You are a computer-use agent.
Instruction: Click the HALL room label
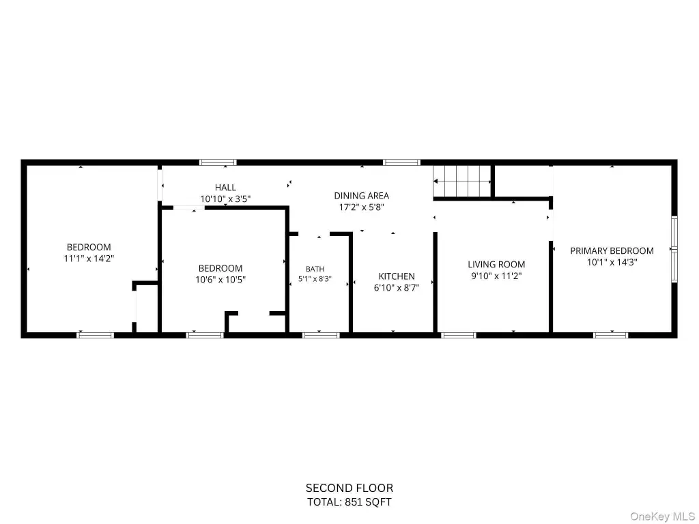click(225, 188)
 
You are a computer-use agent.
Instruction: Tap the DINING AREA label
click(362, 196)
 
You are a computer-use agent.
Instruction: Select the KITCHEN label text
click(397, 276)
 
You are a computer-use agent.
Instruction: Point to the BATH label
click(315, 269)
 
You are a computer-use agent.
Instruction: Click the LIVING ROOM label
click(496, 264)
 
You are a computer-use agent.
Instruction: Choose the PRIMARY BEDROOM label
click(612, 251)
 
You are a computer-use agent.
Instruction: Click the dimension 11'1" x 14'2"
click(89, 259)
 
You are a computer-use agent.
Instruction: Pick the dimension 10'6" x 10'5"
click(220, 280)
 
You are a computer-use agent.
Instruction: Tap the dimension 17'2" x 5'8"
click(362, 207)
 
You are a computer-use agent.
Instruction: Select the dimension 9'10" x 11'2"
click(496, 276)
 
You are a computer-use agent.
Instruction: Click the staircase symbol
click(462, 181)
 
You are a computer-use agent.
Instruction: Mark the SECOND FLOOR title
click(349, 488)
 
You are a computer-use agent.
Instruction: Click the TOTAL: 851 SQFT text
click(349, 502)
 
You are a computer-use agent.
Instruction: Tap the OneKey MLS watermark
click(662, 516)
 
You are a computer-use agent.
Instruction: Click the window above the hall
click(218, 162)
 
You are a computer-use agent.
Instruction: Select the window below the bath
click(321, 335)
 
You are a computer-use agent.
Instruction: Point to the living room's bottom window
click(459, 335)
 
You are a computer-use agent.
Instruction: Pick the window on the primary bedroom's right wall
click(674, 249)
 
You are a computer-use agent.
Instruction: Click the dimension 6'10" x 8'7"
click(397, 288)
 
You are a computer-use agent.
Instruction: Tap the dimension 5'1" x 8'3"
click(315, 279)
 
